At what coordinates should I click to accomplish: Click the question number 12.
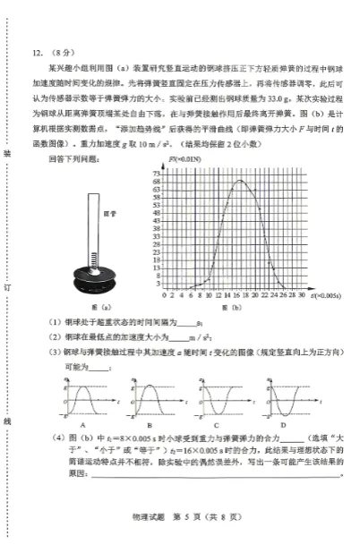tap(37, 52)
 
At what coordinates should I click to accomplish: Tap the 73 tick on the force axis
tap(157, 171)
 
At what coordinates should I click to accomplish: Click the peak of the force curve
tap(240, 181)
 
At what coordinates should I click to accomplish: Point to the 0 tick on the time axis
tap(164, 293)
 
